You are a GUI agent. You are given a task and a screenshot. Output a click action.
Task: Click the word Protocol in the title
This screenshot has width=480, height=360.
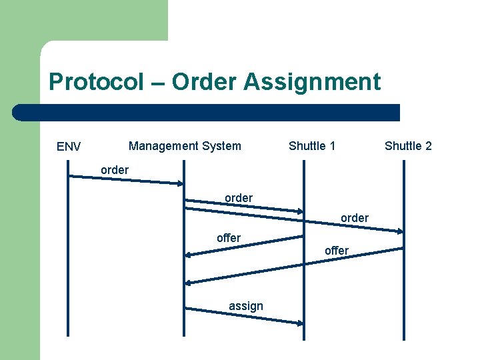tap(96, 82)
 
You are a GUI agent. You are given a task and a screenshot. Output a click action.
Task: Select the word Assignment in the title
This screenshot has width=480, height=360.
tap(312, 82)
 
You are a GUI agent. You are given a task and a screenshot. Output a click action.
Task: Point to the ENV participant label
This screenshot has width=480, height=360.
tap(69, 147)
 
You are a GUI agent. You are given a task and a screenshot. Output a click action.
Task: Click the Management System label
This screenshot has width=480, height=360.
tap(185, 145)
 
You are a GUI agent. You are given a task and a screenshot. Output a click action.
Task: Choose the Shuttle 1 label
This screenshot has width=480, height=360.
tap(312, 145)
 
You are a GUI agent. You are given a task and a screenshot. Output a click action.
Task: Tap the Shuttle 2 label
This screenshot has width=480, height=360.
tap(408, 145)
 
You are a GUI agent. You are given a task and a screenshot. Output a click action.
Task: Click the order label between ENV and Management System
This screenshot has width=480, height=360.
tap(115, 170)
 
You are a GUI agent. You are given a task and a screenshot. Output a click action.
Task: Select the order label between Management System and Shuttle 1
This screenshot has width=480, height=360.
tap(239, 198)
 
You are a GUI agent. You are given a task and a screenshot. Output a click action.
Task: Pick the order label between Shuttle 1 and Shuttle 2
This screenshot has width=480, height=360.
tap(355, 218)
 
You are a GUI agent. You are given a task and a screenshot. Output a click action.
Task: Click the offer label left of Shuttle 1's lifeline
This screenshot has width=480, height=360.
tap(229, 237)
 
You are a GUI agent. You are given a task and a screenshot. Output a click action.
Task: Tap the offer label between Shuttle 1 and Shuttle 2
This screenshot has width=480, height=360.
tap(337, 251)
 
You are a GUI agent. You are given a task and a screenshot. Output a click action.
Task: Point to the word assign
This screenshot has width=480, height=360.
tap(246, 306)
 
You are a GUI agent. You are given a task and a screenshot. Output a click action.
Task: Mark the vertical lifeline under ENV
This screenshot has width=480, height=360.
tap(68, 267)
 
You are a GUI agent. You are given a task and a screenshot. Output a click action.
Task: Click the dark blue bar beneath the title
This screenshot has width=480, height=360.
tap(207, 112)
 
